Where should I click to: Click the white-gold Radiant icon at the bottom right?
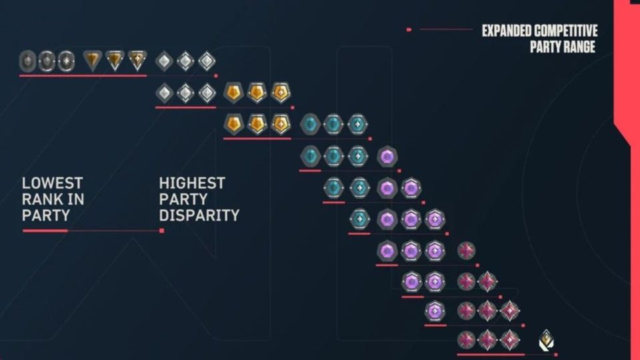(x=545, y=340)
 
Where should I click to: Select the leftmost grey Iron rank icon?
(x=27, y=61)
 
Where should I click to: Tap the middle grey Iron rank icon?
(x=47, y=61)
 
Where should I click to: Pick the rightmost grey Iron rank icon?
(x=66, y=61)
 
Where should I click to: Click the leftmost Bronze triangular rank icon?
(x=92, y=61)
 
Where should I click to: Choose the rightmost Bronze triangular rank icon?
(x=137, y=61)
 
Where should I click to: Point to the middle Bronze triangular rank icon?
(x=115, y=61)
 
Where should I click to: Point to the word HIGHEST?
(x=192, y=183)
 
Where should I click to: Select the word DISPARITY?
(x=199, y=215)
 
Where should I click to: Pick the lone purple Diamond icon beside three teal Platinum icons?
(x=387, y=157)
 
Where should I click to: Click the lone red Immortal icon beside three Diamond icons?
(x=467, y=251)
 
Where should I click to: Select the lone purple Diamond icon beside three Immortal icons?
(x=435, y=311)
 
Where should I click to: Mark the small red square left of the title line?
(x=409, y=29)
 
